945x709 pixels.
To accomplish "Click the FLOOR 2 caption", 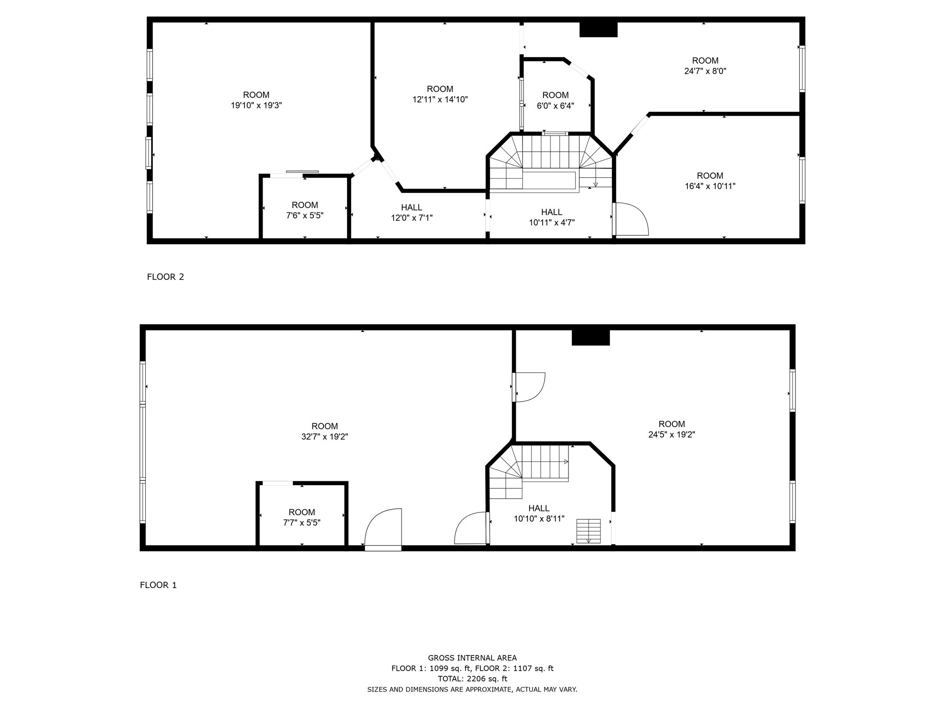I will (165, 277).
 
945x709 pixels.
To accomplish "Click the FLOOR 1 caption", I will (158, 585).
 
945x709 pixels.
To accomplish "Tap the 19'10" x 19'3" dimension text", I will (256, 105).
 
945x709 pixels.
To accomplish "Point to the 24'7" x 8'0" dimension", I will (705, 71).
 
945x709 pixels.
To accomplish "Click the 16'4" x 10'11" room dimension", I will (710, 186).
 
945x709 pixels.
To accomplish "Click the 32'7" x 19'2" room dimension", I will (324, 437).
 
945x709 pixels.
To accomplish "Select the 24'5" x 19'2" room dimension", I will (671, 434).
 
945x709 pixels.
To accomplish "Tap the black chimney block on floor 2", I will (598, 30).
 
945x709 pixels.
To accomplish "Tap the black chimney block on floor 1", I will (591, 337).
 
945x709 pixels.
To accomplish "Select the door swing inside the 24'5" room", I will (529, 387).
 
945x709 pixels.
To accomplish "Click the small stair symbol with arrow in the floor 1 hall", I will (588, 531).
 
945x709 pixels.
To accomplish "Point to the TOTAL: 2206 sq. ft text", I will (472, 679).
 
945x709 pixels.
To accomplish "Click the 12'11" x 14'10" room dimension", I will (440, 99).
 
